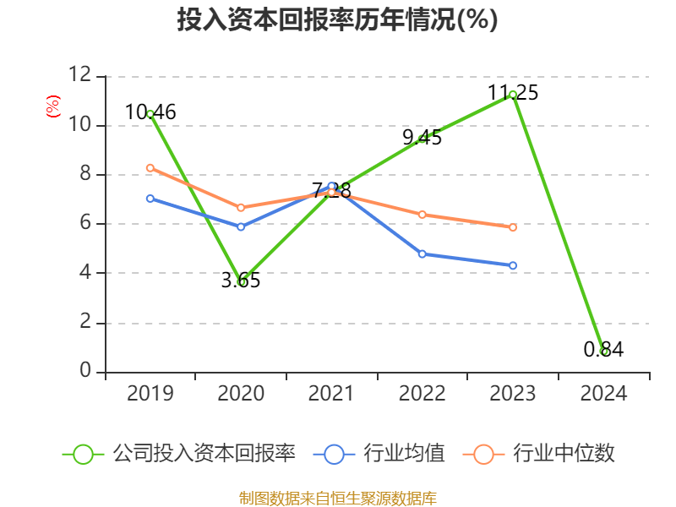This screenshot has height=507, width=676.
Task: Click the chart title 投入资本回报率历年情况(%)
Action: click(337, 20)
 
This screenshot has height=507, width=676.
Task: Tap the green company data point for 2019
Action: click(150, 113)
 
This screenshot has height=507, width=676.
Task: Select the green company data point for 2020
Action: click(241, 281)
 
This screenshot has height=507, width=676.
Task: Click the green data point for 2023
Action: click(513, 95)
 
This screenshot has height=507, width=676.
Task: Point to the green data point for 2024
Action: click(603, 351)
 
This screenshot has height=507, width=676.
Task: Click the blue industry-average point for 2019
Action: click(150, 199)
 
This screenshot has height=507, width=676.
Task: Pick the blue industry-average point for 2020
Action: click(241, 226)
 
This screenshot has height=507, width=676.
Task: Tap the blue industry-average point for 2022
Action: click(422, 253)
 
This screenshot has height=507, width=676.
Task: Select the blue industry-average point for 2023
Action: click(513, 265)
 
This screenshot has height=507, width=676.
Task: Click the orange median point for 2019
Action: click(150, 167)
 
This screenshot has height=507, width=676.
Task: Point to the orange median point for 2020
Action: click(241, 207)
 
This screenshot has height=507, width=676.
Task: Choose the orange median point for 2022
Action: click(422, 215)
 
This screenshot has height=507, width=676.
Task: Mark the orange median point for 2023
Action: click(513, 227)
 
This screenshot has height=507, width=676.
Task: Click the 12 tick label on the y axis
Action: click(79, 75)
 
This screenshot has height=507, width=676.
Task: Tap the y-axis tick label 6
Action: click(84, 224)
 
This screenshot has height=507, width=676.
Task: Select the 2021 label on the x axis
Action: click(331, 393)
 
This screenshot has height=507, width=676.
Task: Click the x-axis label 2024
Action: click(603, 393)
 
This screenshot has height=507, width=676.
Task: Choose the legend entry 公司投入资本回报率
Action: click(204, 454)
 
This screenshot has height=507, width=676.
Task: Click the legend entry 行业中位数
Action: click(564, 454)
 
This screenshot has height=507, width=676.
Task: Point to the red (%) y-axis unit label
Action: click(52, 106)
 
